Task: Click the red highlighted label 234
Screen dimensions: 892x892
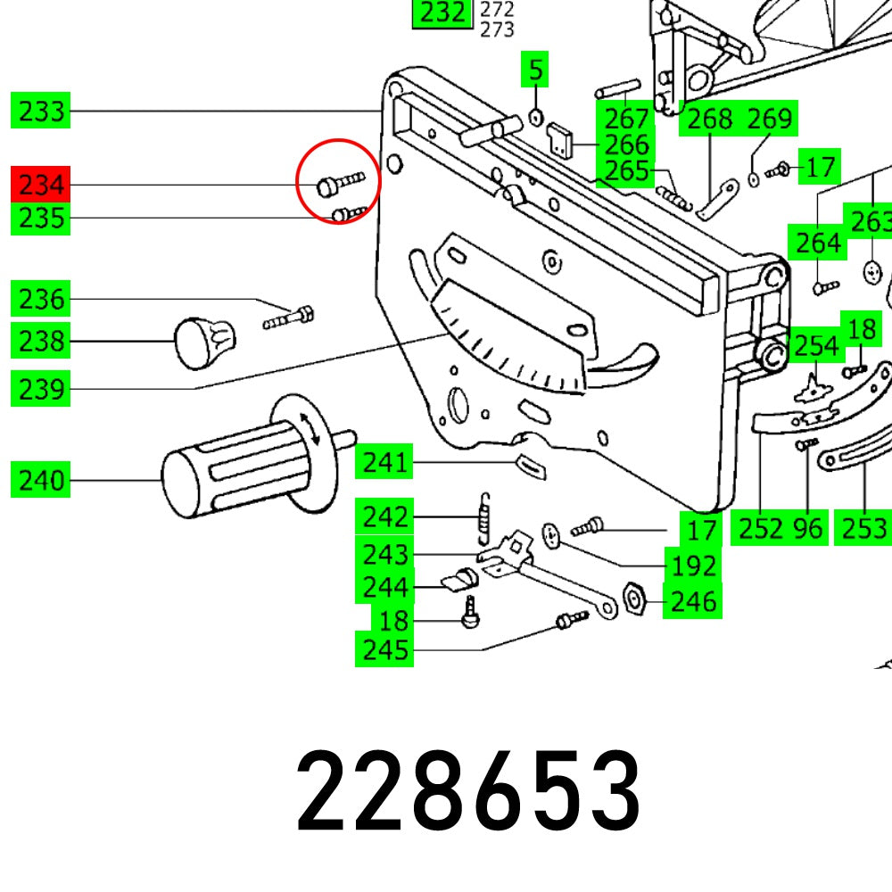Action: pyautogui.click(x=41, y=186)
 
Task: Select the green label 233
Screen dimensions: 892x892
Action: pyautogui.click(x=41, y=111)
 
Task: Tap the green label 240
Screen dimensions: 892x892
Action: pyautogui.click(x=41, y=481)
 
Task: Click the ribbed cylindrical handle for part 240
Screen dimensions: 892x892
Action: pyautogui.click(x=232, y=464)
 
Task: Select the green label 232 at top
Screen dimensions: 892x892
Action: pyautogui.click(x=442, y=12)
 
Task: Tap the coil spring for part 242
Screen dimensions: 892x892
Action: pyautogui.click(x=484, y=517)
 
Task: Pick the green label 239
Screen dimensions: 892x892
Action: pyautogui.click(x=41, y=390)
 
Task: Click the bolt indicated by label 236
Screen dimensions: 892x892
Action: pyautogui.click(x=288, y=316)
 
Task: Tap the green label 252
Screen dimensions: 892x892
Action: pyautogui.click(x=760, y=529)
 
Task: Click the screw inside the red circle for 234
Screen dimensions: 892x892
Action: pyautogui.click(x=339, y=184)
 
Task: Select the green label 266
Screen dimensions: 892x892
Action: pyautogui.click(x=626, y=144)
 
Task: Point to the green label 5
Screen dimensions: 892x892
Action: pyautogui.click(x=535, y=69)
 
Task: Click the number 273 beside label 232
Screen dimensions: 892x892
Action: pyautogui.click(x=497, y=29)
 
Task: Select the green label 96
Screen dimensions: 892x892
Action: pyautogui.click(x=807, y=529)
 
